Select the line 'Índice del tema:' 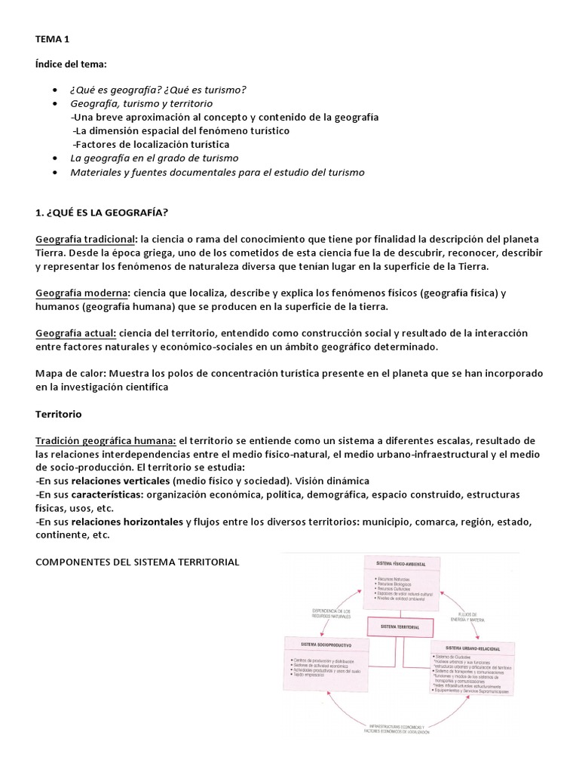[72, 65]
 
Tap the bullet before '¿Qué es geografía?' [56, 90]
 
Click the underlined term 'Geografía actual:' [76, 333]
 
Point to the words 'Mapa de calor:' [69, 374]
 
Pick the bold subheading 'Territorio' [59, 415]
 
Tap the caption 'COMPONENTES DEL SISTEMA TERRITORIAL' [137, 562]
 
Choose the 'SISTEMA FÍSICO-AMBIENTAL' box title [400, 562]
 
